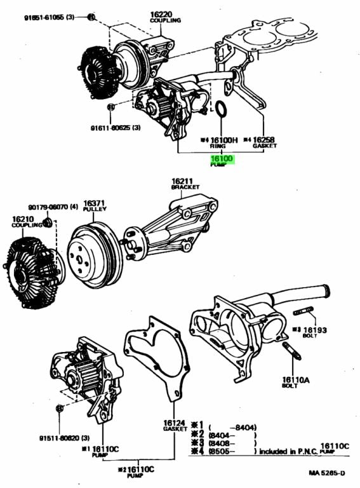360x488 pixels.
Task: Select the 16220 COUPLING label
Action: click(165, 17)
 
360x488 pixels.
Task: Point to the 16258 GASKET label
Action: click(262, 142)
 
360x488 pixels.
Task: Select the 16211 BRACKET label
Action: click(185, 185)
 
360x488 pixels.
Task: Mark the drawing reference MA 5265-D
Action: click(327, 473)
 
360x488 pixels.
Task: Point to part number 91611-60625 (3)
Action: click(114, 127)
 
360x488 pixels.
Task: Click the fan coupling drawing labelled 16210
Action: click(29, 274)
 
